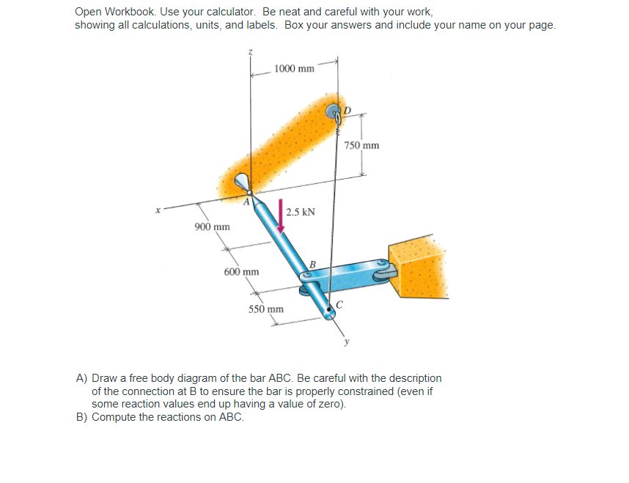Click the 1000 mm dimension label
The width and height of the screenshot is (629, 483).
click(x=294, y=69)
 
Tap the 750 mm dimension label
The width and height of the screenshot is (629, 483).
click(x=362, y=145)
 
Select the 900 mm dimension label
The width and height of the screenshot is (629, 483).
click(x=212, y=226)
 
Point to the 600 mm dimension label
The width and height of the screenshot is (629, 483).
click(x=241, y=272)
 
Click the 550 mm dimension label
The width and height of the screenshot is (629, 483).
click(x=265, y=309)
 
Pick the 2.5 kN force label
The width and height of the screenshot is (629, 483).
click(x=301, y=213)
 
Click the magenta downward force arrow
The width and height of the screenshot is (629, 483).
click(x=280, y=215)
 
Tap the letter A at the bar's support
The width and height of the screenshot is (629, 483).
click(x=247, y=202)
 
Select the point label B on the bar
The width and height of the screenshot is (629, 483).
click(x=312, y=264)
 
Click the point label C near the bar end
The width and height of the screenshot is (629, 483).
click(x=339, y=306)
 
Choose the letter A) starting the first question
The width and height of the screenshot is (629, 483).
click(x=83, y=378)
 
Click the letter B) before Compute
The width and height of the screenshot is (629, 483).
click(x=83, y=417)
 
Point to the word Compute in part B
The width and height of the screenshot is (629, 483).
click(x=114, y=417)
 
